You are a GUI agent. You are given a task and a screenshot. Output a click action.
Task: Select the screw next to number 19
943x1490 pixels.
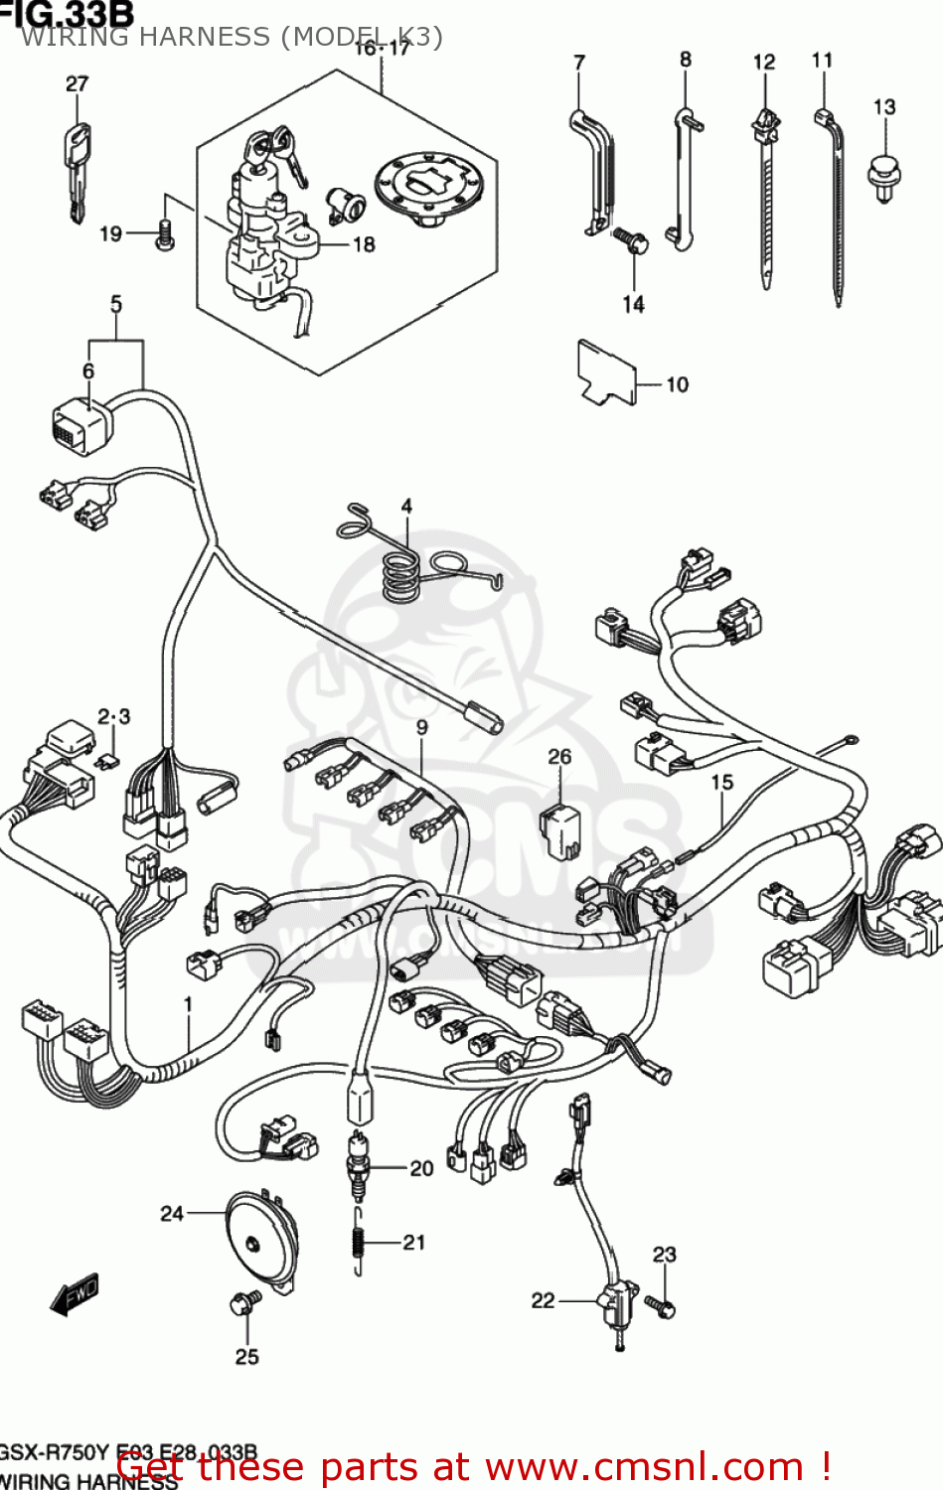pos(165,234)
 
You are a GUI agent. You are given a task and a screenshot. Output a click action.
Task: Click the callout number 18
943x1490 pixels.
pos(365,244)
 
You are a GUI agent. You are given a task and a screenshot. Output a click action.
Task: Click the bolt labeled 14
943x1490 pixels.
pos(629,238)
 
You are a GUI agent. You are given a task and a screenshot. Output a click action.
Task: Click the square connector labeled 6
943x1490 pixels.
pos(80,428)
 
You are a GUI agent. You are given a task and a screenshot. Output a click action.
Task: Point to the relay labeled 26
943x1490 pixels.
pos(559,830)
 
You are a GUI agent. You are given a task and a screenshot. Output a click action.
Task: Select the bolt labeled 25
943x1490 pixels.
pos(244,1303)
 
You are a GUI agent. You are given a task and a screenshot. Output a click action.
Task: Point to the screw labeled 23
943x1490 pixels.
pos(661,1306)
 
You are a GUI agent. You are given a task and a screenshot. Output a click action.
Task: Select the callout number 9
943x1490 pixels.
pos(422,728)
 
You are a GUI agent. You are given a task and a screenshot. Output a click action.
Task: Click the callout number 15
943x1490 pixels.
pos(721,783)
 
